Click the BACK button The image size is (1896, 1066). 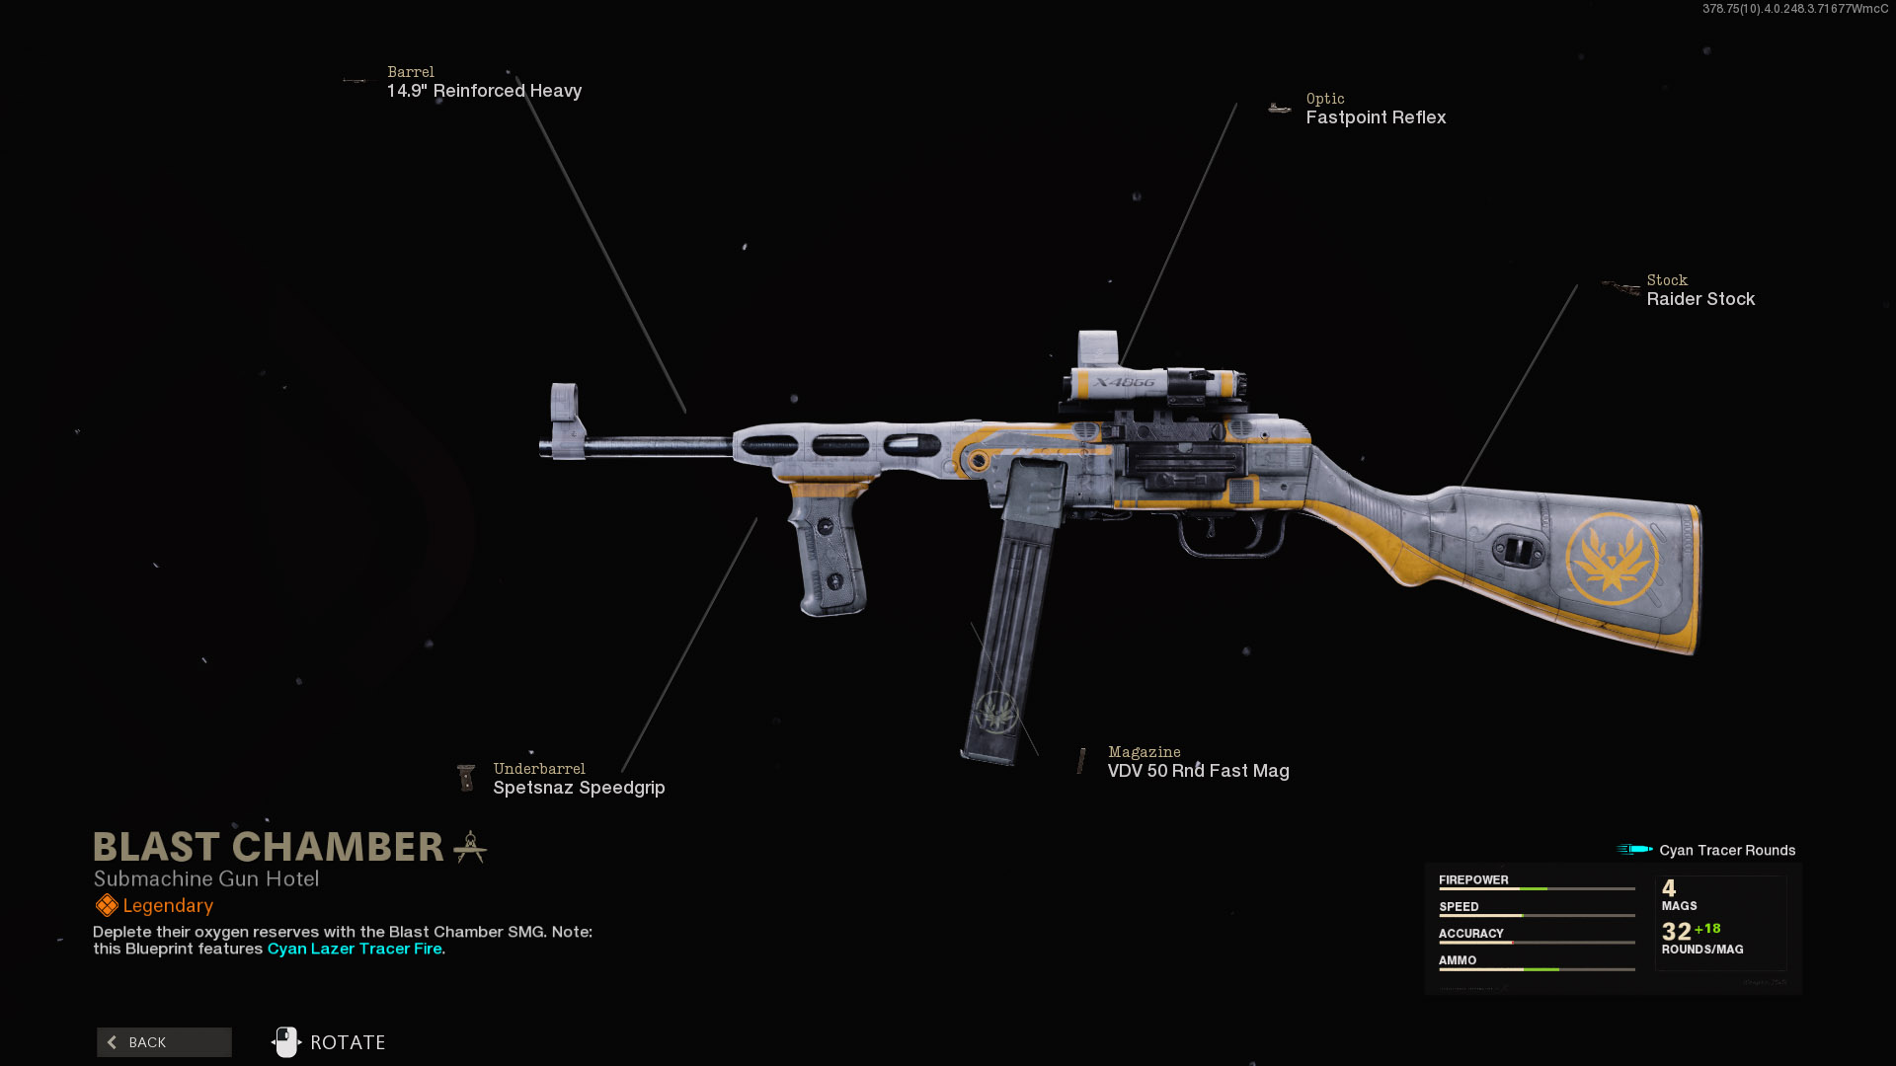point(164,1042)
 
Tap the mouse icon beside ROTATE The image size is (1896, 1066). point(286,1042)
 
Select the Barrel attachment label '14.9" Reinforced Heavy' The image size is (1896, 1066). point(484,91)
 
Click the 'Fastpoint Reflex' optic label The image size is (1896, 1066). point(1376,117)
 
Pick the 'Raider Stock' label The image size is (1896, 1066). point(1700,299)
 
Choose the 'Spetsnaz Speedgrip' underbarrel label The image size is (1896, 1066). point(579,788)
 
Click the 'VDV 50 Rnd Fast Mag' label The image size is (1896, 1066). point(1198,771)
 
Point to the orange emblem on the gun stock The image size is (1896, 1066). point(1612,559)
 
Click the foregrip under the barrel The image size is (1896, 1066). point(829,553)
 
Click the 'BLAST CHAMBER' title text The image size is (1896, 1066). point(269,847)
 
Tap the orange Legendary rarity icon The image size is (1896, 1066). point(107,905)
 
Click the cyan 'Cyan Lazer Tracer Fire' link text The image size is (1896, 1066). point(355,949)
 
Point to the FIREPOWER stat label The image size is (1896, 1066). point(1473,879)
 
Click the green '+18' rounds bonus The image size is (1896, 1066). point(1707,929)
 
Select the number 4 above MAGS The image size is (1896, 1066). point(1669,888)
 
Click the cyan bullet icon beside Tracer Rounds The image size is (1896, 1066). point(1634,849)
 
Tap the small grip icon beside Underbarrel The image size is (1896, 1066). point(466,778)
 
